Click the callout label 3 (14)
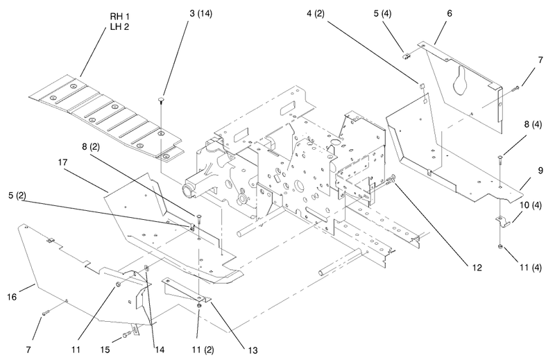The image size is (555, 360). click(200, 14)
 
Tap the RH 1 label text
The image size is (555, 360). click(119, 17)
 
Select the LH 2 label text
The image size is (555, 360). click(119, 27)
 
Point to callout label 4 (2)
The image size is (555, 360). click(316, 14)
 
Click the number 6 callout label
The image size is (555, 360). click(450, 13)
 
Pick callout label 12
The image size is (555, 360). click(477, 268)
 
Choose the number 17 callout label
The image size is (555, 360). click(63, 162)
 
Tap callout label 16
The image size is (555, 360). click(12, 297)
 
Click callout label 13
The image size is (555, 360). click(253, 350)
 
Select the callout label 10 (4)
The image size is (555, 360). click(531, 205)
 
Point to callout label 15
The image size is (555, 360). click(105, 350)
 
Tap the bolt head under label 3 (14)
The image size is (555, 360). click(161, 100)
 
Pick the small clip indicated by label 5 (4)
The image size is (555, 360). click(407, 55)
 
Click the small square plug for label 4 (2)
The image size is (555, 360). click(422, 85)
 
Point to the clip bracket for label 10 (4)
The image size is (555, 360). click(502, 221)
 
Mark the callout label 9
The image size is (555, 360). click(540, 171)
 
